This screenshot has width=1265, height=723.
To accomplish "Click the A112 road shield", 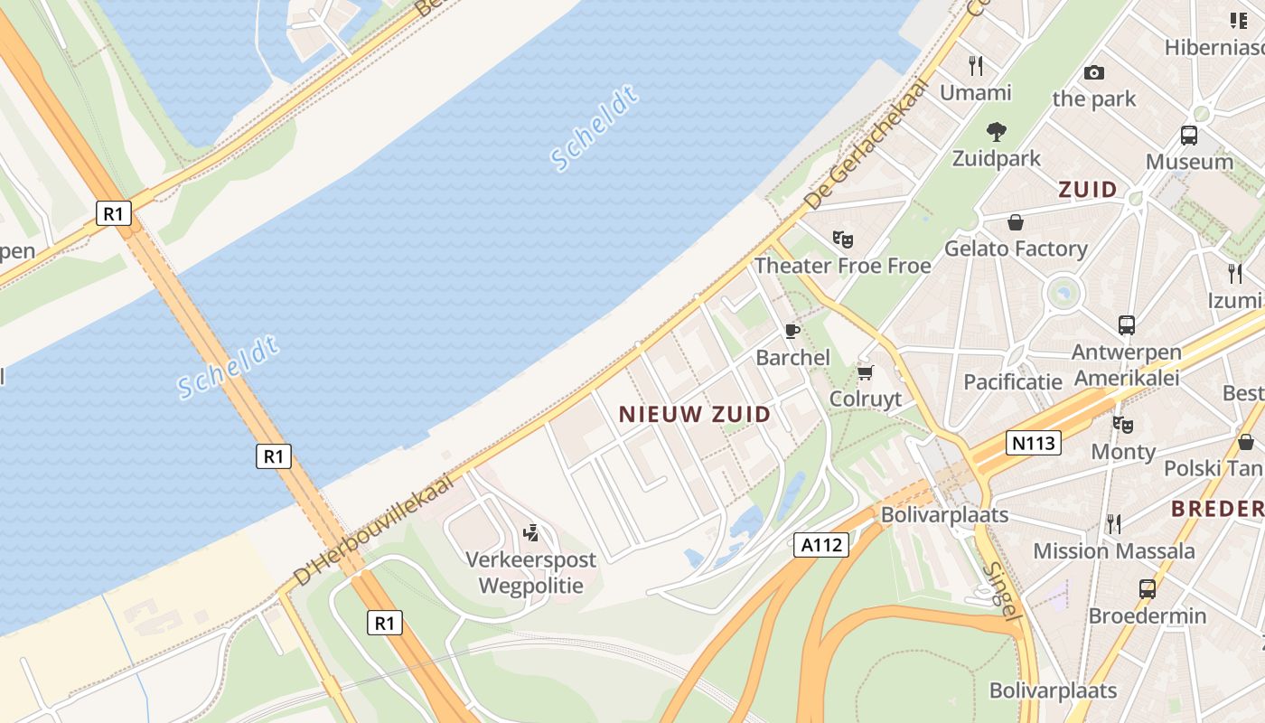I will [x=821, y=545].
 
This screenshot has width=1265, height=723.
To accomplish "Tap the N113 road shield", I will [x=1034, y=443].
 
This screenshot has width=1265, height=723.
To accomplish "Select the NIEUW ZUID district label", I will [x=695, y=415].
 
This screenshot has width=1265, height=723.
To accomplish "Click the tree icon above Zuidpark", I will [x=997, y=132].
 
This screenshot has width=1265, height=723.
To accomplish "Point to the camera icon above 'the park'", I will [x=1094, y=72].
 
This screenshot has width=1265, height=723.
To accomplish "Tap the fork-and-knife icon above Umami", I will [x=976, y=65].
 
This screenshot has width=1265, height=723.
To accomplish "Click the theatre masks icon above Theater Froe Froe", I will [x=843, y=239].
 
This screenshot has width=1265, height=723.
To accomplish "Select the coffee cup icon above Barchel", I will [x=792, y=331].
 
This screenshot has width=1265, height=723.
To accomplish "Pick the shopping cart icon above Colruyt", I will [x=866, y=372].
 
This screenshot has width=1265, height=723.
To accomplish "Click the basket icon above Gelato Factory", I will [x=1016, y=222].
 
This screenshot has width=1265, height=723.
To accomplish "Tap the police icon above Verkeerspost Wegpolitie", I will [x=531, y=532].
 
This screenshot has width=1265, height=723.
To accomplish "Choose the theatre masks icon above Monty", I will [x=1123, y=424].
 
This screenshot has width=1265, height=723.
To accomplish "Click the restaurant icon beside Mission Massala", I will [x=1114, y=524].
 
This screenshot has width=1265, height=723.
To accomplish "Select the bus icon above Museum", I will [x=1189, y=136].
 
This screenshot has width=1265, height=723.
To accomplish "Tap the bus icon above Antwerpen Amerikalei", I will [x=1126, y=325].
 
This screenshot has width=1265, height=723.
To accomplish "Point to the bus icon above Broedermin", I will [x=1147, y=589].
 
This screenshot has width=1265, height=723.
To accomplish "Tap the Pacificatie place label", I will [x=1013, y=381].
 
